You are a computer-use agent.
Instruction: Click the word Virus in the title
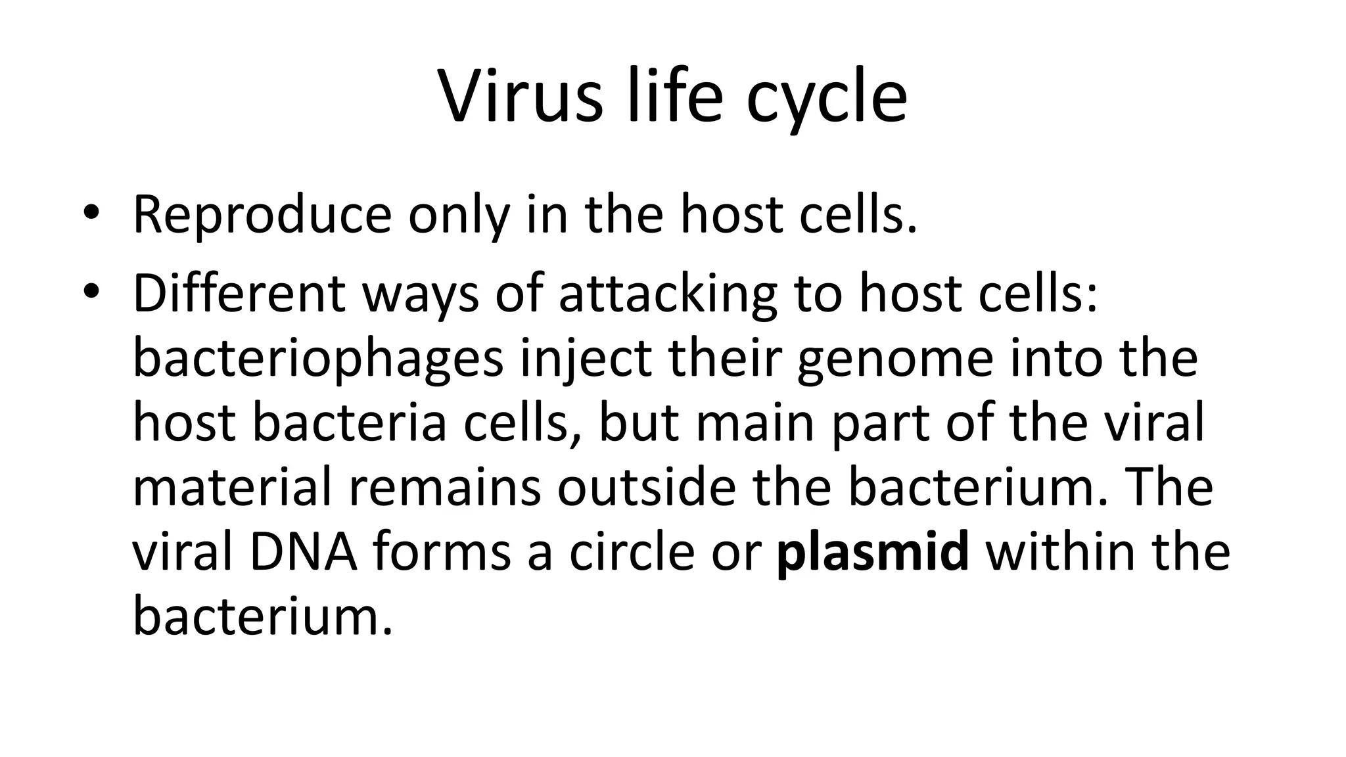pos(520,97)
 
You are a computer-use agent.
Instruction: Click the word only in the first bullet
pos(458,216)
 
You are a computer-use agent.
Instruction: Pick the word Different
pos(239,293)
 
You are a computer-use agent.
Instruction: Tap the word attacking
pos(668,293)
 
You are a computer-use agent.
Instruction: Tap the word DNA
pos(304,552)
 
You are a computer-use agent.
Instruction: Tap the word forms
pos(442,552)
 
